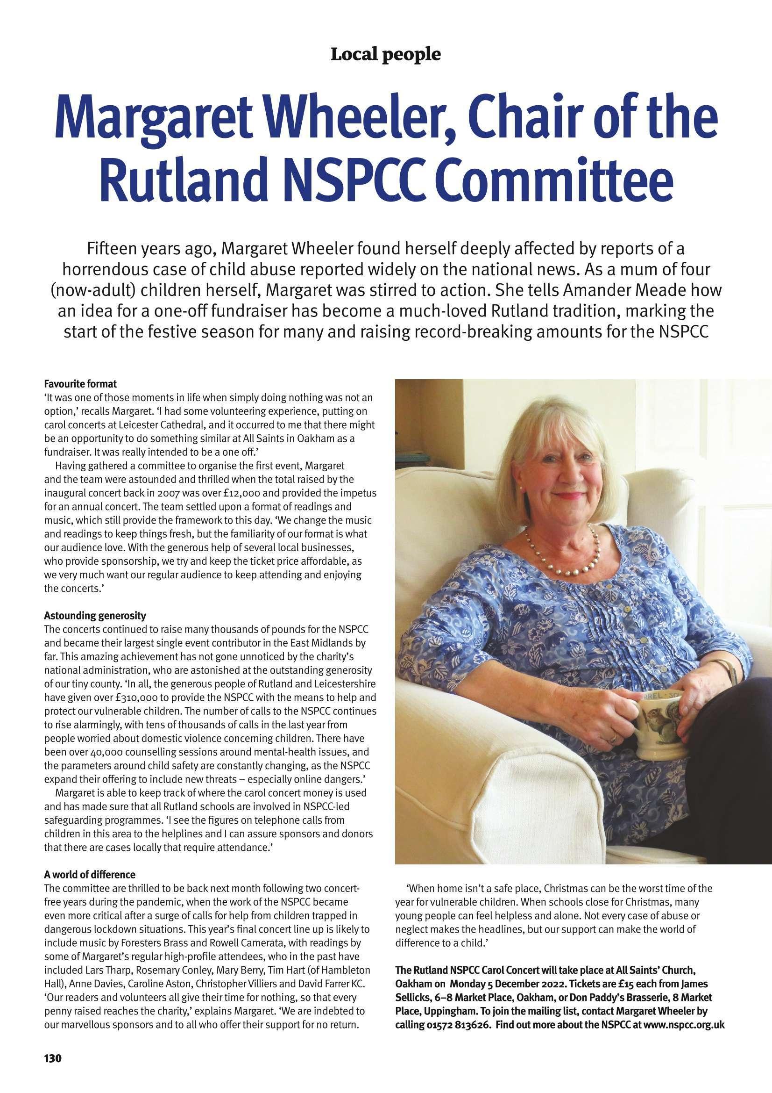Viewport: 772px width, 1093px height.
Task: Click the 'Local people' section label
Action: point(385,55)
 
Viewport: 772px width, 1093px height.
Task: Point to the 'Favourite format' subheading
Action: point(80,383)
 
